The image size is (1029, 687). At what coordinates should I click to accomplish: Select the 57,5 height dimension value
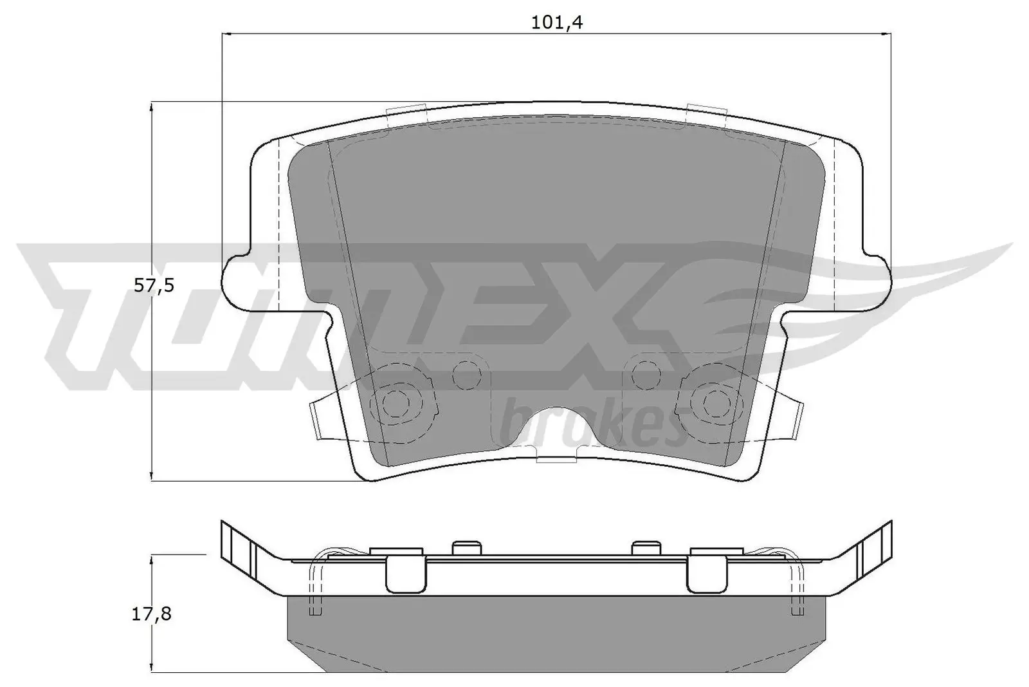tap(154, 285)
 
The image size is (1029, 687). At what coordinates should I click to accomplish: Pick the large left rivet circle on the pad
tap(395, 404)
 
